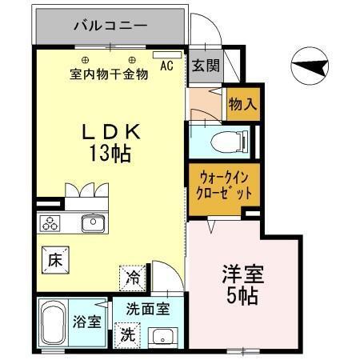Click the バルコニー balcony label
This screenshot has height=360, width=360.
click(110, 26)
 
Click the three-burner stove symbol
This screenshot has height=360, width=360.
click(52, 223)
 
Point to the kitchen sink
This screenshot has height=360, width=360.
click(94, 224)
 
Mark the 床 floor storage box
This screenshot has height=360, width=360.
click(54, 258)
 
